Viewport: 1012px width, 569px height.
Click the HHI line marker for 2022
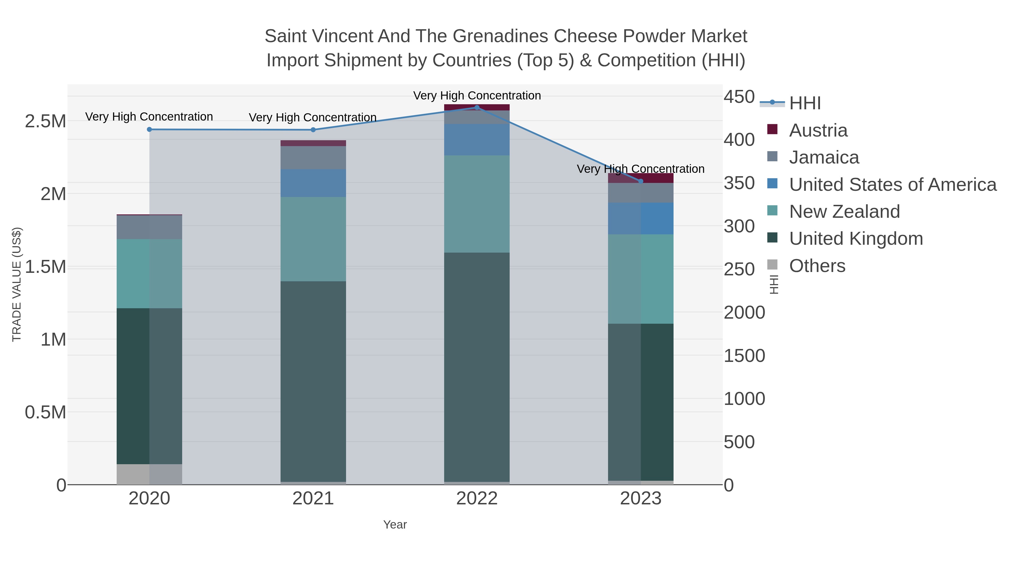[x=477, y=108]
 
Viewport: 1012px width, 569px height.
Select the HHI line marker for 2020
[x=149, y=130]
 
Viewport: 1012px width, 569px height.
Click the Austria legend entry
[x=818, y=130]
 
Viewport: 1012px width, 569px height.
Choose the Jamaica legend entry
[x=824, y=157]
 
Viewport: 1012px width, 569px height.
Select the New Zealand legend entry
[x=844, y=212]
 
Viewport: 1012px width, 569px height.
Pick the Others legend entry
[x=817, y=266]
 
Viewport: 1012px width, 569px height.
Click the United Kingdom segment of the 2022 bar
[x=477, y=367]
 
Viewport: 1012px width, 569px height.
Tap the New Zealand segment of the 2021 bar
[x=313, y=239]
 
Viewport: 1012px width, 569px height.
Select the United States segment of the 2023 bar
[x=641, y=219]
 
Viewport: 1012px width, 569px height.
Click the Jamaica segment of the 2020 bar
[x=149, y=227]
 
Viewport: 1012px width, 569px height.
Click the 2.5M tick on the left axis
[x=46, y=121]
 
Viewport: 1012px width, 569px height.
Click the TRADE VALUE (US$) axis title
[x=17, y=284]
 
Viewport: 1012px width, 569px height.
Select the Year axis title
[x=395, y=525]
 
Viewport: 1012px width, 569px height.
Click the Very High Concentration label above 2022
[x=477, y=96]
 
